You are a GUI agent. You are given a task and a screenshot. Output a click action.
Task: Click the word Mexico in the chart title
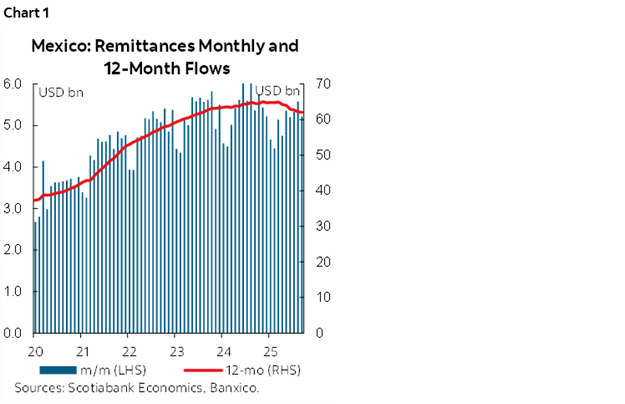(58, 46)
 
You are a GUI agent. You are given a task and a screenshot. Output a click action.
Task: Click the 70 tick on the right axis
(323, 84)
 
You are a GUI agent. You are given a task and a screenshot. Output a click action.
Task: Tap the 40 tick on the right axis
(323, 191)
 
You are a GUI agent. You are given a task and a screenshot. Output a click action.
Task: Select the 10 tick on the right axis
(323, 298)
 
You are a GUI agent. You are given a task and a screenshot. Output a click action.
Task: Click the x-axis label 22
(129, 350)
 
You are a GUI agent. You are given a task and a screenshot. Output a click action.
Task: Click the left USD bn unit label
(59, 90)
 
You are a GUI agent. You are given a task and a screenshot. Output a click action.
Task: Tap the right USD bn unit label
(277, 90)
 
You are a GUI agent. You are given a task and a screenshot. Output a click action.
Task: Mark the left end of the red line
(33, 201)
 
